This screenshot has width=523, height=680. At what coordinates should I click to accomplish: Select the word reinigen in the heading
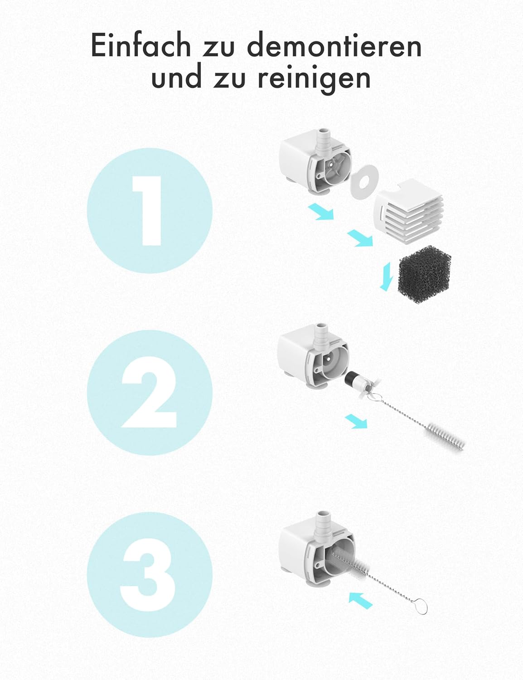click(315, 78)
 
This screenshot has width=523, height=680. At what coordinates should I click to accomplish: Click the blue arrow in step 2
click(356, 421)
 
